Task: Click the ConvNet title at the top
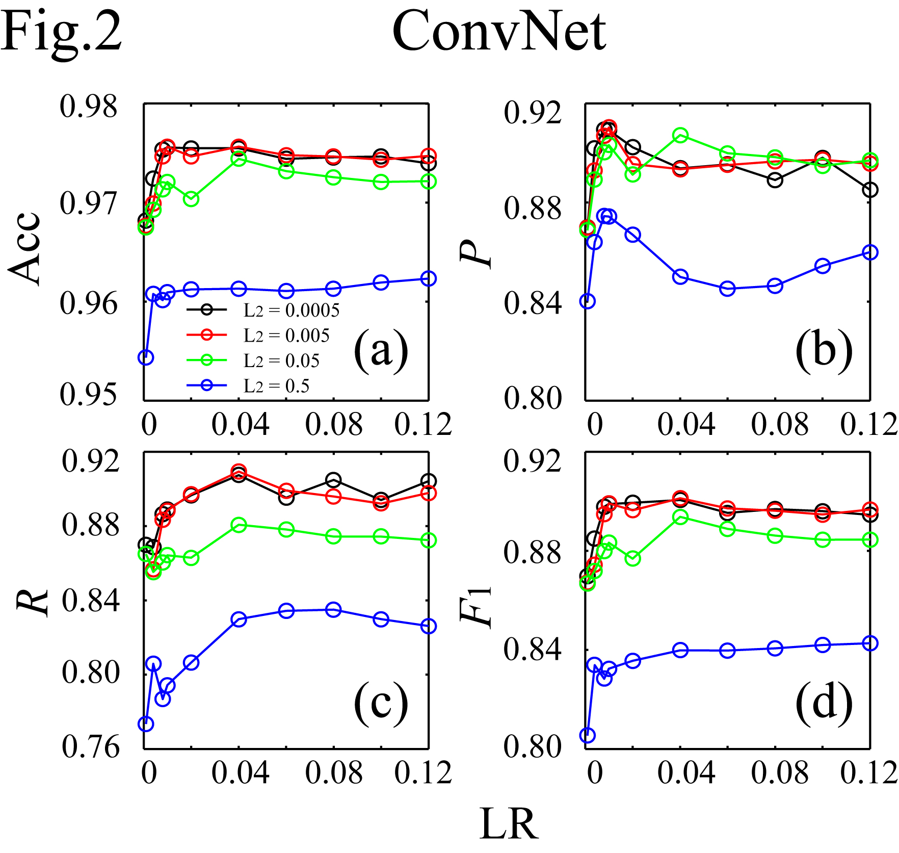[x=499, y=32]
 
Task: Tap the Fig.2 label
[x=61, y=32]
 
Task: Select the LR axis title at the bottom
[x=509, y=824]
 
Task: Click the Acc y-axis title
[x=24, y=248]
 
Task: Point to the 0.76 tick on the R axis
[x=90, y=747]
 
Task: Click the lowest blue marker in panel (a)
[x=146, y=357]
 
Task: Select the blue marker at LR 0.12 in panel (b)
[x=870, y=252]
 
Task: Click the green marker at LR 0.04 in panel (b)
[x=680, y=135]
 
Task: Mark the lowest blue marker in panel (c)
[x=146, y=723]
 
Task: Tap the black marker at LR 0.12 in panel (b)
[x=870, y=190]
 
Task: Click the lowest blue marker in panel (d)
[x=588, y=735]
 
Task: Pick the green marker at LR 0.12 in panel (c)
[x=429, y=540]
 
